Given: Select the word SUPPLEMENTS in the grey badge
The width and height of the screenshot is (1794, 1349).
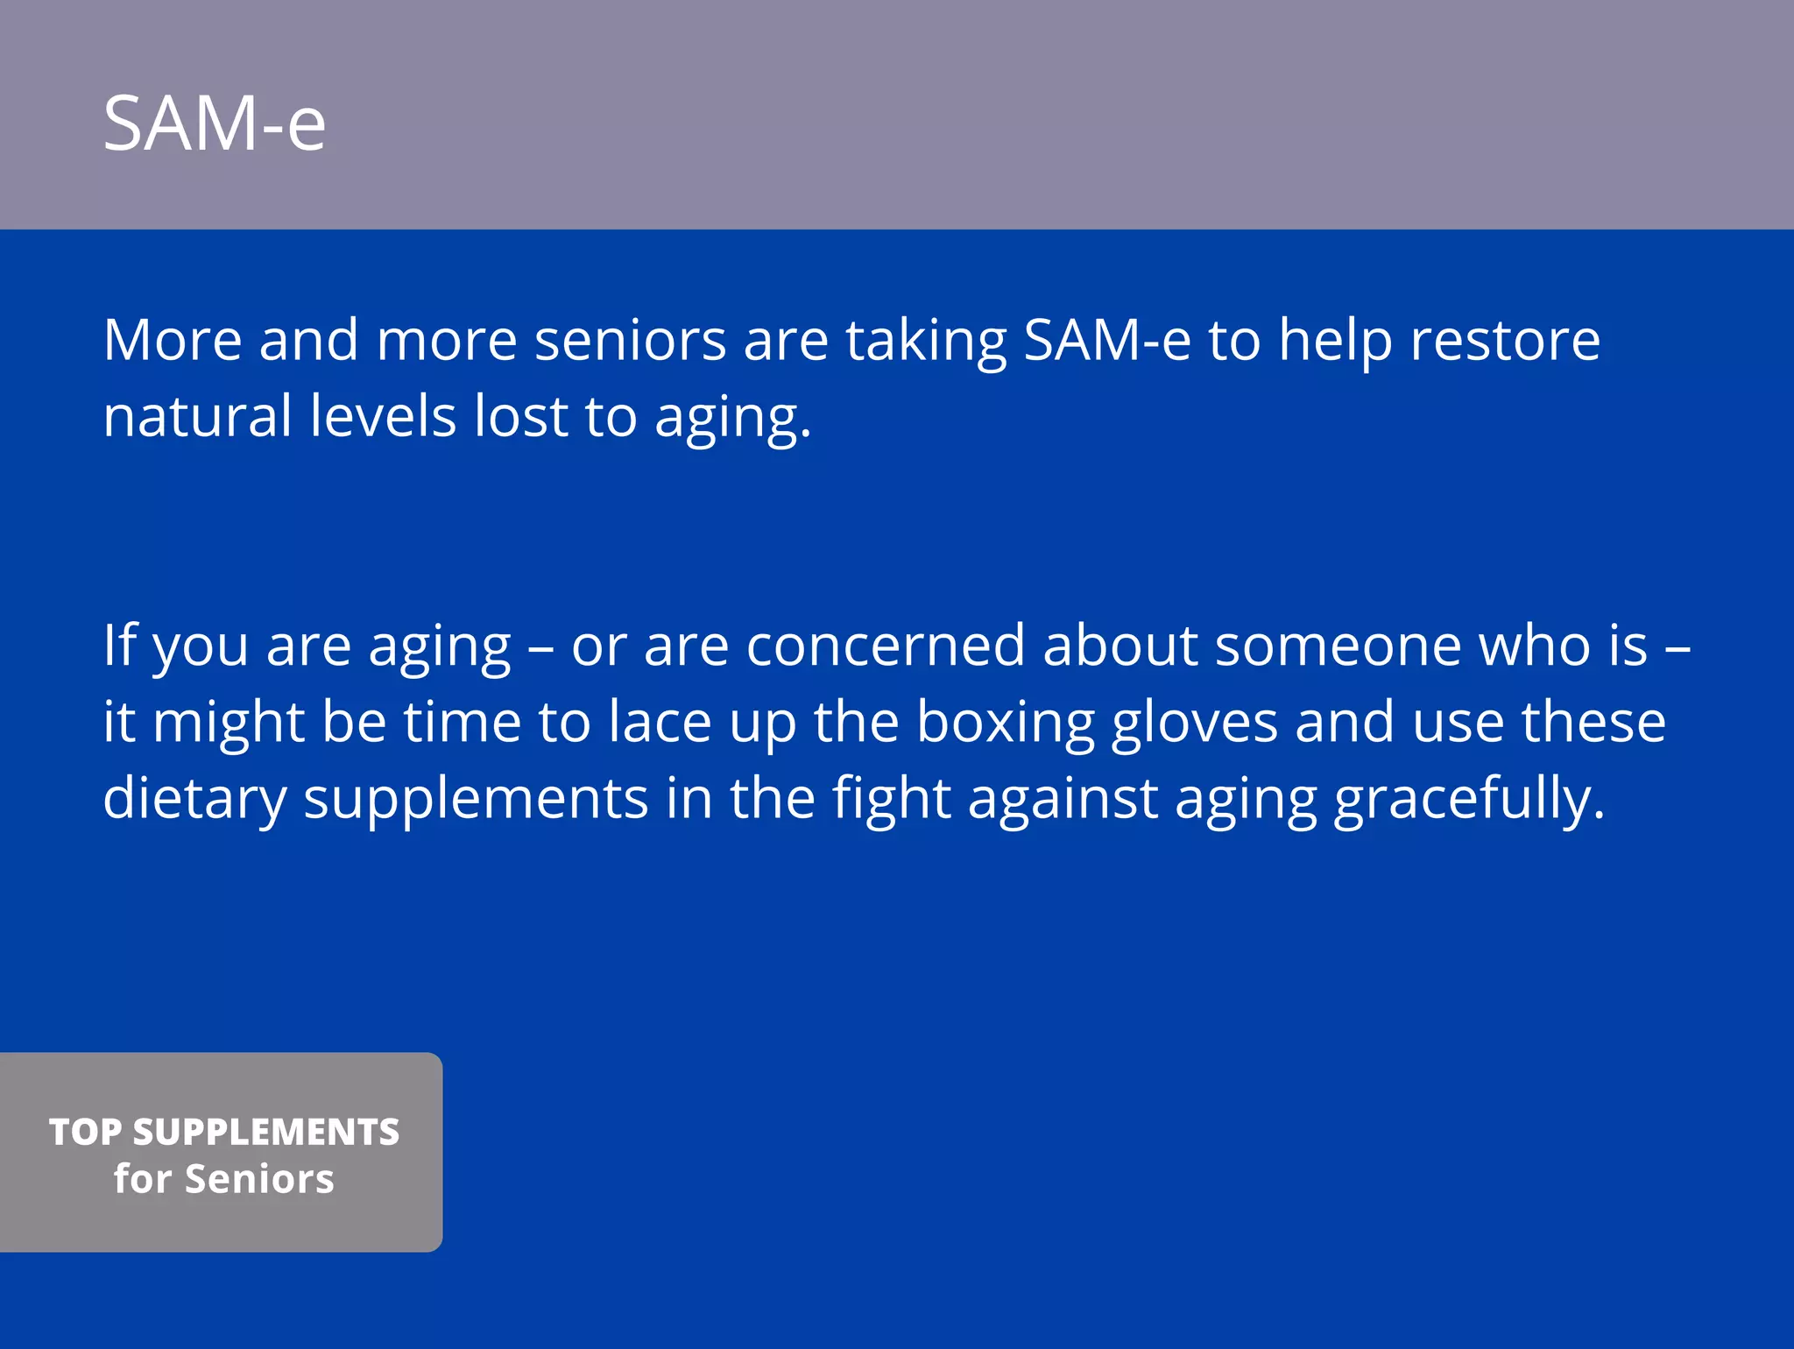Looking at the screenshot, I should click(266, 1132).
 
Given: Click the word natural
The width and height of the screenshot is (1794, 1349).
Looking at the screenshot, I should click(197, 416).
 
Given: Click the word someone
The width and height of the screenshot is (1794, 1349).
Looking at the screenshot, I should click(1338, 646).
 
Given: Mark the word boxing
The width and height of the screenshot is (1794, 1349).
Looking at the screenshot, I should click(1006, 724).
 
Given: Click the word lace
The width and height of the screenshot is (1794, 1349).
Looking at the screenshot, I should click(660, 724).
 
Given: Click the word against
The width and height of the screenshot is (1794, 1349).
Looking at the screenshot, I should click(1063, 799).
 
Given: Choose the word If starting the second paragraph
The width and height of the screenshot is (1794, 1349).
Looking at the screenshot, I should click(120, 645).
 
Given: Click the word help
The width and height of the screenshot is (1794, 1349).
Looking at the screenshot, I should click(1335, 342).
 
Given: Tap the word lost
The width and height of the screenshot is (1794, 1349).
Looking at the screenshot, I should click(521, 416).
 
